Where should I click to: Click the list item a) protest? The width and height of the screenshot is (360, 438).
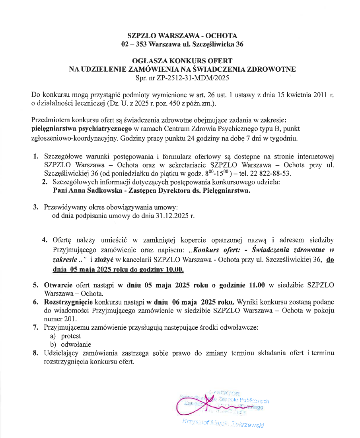coord(66,336)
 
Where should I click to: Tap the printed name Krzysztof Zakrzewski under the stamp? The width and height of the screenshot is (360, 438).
coord(223,423)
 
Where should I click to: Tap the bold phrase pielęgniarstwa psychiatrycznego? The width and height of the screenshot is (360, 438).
coord(82,129)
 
